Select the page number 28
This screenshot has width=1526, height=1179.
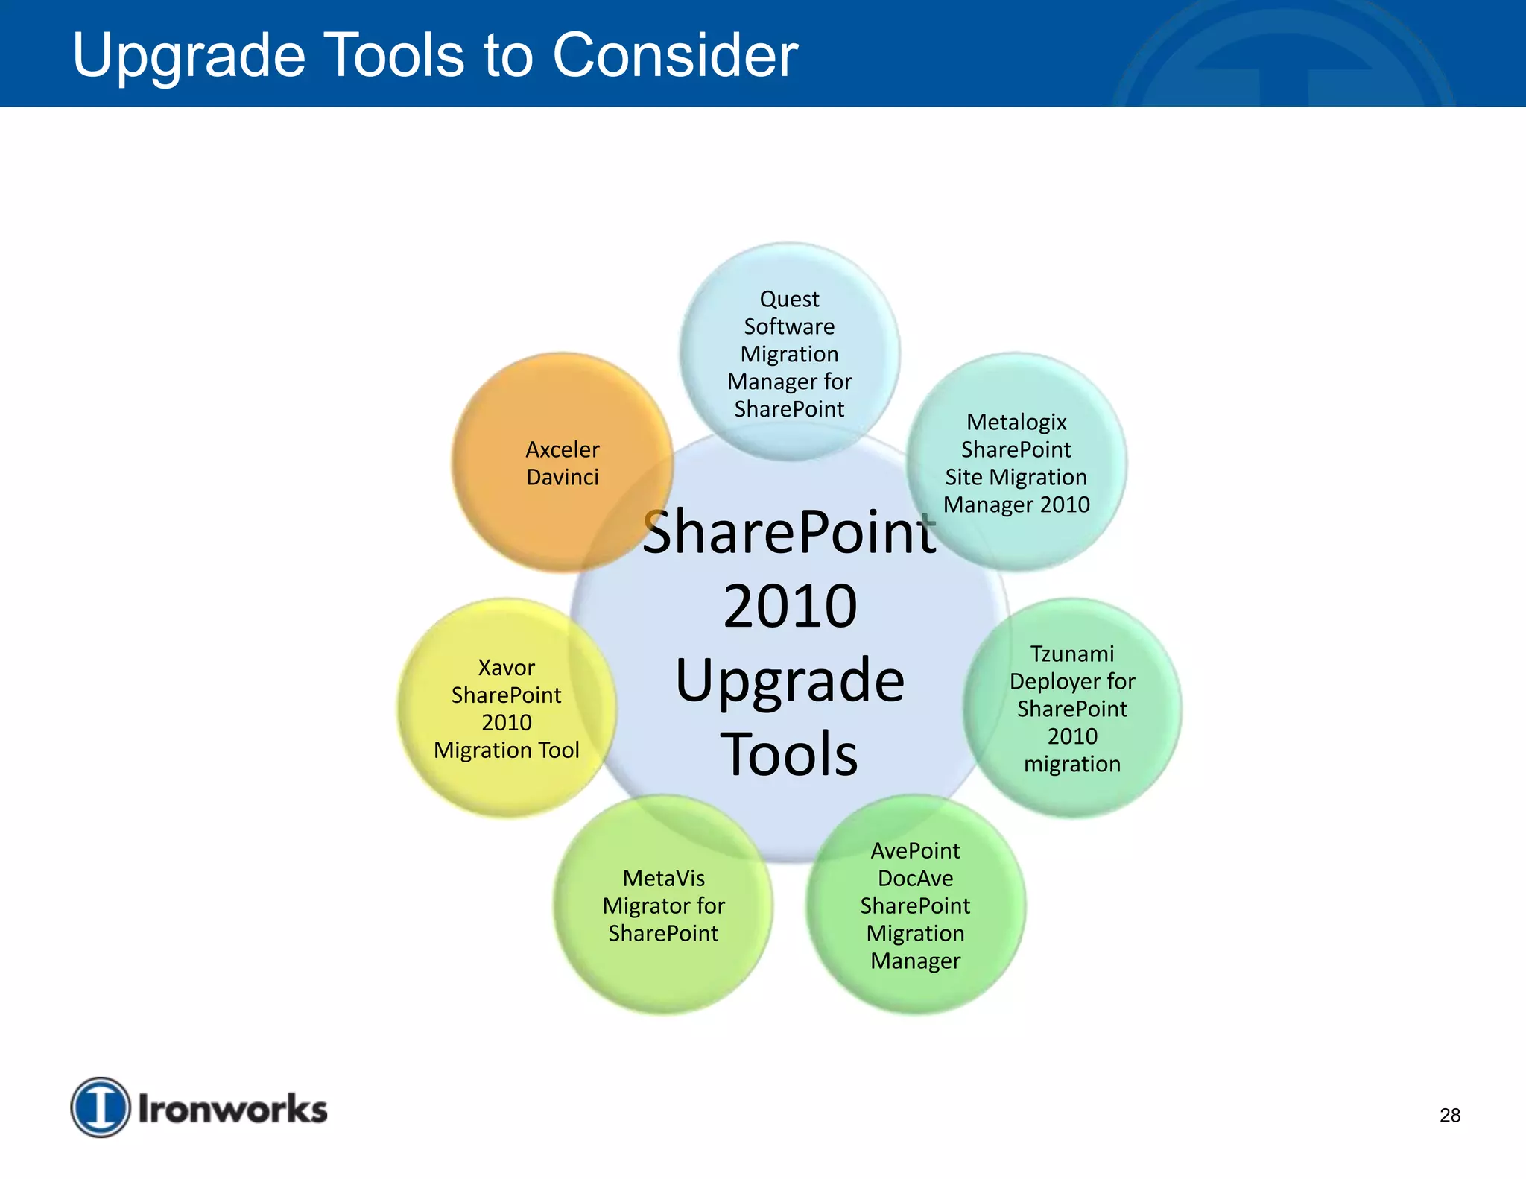click(1449, 1115)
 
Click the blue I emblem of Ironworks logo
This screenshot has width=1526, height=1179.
click(101, 1107)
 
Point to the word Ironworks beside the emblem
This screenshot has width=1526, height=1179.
click(232, 1109)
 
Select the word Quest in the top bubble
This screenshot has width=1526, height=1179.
click(789, 299)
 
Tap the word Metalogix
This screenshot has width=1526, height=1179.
click(1016, 422)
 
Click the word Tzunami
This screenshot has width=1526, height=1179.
click(1071, 654)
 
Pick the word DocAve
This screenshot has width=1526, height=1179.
click(915, 878)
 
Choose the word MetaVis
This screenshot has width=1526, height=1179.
click(663, 878)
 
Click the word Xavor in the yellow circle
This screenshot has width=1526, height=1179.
click(506, 667)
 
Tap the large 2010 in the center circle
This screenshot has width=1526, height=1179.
click(790, 606)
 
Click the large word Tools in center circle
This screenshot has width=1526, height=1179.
click(789, 754)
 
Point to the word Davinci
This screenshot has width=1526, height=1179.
click(562, 477)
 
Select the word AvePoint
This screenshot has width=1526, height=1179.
click(915, 850)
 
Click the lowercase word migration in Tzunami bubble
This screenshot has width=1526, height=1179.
click(1071, 764)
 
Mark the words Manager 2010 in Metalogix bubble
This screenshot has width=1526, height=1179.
click(1016, 505)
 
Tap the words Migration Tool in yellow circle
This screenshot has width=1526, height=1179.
click(506, 750)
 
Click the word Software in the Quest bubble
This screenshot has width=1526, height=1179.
click(789, 326)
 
